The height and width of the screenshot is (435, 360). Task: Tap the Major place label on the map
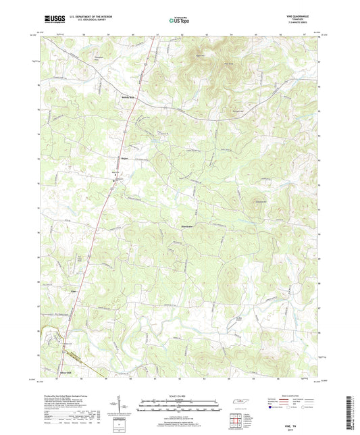[124, 159]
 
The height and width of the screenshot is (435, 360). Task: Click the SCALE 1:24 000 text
[180, 395]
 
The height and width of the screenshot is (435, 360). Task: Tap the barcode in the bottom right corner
[350, 413]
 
